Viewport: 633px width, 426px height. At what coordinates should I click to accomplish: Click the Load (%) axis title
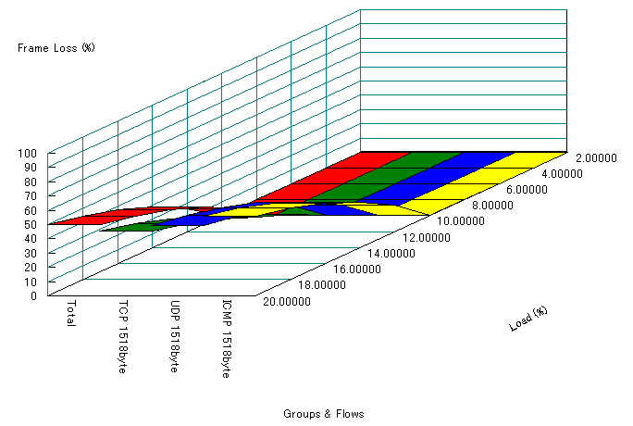528,318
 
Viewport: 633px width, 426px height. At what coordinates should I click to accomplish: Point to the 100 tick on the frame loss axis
27,153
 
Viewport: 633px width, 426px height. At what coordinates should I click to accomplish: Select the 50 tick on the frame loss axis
30,224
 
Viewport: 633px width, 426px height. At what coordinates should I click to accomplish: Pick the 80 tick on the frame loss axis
30,182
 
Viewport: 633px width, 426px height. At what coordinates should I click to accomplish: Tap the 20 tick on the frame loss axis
30,267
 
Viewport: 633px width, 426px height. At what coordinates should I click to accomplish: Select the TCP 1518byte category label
123,335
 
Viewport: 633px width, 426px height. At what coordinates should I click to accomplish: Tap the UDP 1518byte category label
175,335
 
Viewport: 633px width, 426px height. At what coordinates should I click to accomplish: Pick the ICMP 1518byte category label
227,338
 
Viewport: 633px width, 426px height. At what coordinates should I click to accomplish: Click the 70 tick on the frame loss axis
30,195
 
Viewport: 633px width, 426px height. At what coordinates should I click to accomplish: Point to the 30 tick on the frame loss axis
30,253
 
